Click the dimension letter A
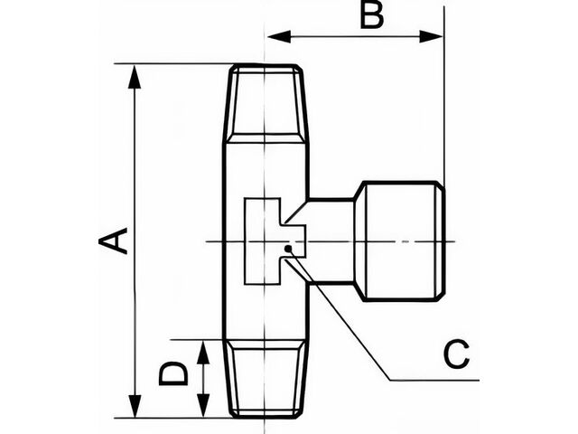click(x=113, y=241)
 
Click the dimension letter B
click(x=371, y=16)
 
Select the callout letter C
click(x=457, y=354)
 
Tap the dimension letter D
click(x=173, y=373)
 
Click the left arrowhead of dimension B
click(x=279, y=36)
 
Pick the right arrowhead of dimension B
click(x=431, y=36)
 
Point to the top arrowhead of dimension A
click(x=135, y=77)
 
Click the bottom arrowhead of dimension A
click(x=135, y=406)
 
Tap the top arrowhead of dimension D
click(x=202, y=352)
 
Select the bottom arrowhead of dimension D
click(x=203, y=406)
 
